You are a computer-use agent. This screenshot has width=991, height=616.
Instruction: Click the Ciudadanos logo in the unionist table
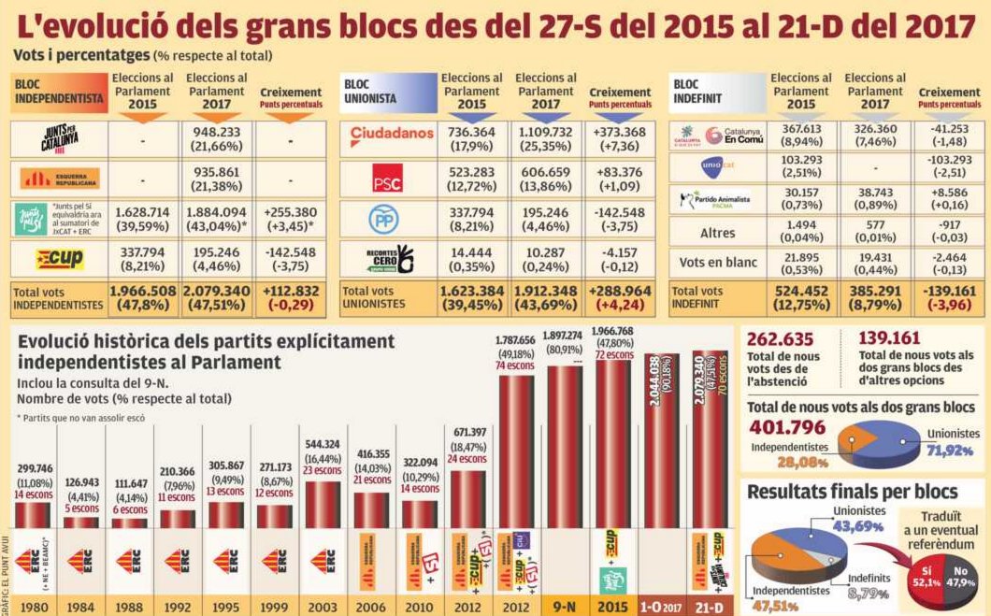click(392, 136)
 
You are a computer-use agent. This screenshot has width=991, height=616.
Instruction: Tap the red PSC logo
click(386, 179)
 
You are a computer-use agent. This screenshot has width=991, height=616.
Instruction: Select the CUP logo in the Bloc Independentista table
click(59, 259)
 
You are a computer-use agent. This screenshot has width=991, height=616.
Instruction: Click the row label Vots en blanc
click(717, 263)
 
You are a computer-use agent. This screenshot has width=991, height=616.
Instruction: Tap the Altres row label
click(717, 232)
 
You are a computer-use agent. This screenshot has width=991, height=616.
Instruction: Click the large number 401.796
click(787, 427)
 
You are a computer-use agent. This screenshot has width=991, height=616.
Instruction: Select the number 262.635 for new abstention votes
click(781, 339)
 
